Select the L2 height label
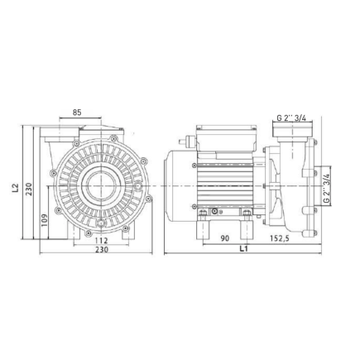pyautogui.click(x=16, y=189)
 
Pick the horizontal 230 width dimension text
pyautogui.click(x=100, y=251)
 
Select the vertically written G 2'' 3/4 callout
pyautogui.click(x=328, y=189)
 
